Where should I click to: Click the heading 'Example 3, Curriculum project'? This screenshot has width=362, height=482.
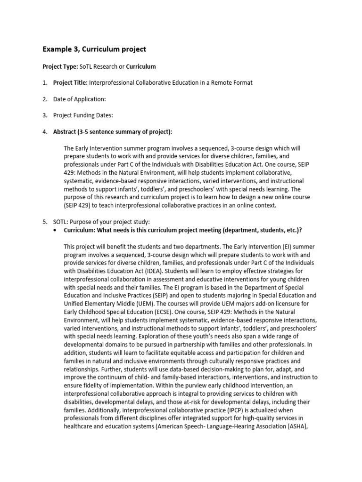tap(94, 49)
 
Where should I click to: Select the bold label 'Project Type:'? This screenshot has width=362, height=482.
tap(60, 66)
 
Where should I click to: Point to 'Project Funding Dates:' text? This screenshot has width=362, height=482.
tap(83, 115)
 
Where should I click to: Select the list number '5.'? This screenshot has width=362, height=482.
tap(45, 221)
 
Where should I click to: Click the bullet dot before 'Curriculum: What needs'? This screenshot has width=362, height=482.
tap(57, 230)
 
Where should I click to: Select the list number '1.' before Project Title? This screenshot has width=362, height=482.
tap(45, 82)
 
